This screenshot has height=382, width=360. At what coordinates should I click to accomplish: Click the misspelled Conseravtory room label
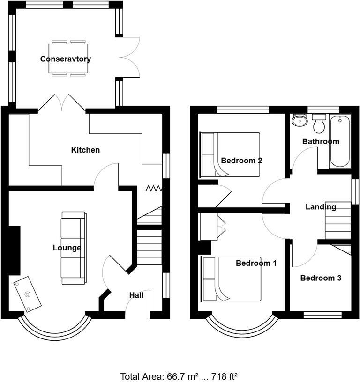(x=66, y=59)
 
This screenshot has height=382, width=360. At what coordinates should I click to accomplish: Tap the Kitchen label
(x=85, y=150)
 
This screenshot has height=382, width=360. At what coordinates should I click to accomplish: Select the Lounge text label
(x=67, y=248)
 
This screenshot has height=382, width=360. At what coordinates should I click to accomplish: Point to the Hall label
(x=136, y=295)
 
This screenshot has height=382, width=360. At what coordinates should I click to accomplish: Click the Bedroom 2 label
(x=241, y=161)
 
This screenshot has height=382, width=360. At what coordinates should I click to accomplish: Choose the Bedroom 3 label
(x=321, y=278)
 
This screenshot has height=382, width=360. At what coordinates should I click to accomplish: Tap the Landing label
(x=321, y=207)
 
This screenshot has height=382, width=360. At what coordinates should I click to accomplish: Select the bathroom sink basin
(x=300, y=120)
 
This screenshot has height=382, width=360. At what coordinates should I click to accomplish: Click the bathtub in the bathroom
(x=340, y=141)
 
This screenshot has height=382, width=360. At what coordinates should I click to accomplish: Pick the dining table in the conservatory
(x=68, y=59)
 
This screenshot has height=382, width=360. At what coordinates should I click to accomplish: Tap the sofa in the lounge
(x=74, y=248)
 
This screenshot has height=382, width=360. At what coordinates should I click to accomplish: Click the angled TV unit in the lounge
(x=27, y=294)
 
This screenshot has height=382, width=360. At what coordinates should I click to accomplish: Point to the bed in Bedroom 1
(x=231, y=279)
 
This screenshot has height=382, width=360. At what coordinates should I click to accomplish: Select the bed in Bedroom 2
(x=230, y=154)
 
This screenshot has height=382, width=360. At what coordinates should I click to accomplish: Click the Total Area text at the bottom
(x=179, y=376)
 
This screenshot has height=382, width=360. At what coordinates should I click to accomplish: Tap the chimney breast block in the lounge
(x=15, y=251)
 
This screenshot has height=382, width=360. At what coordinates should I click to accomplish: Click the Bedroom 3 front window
(x=322, y=315)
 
